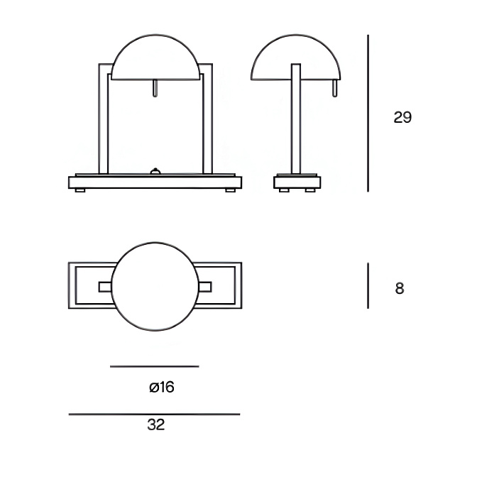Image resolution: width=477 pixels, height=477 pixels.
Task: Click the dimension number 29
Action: pos(402,117)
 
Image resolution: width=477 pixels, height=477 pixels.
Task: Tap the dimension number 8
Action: pos(400,288)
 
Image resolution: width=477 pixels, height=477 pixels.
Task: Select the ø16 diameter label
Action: pos(162,388)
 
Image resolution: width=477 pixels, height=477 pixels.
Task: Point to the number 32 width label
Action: pos(155,424)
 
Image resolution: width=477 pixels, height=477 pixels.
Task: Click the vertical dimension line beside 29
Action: pos(368,113)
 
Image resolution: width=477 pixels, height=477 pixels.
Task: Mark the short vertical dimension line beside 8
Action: pos(368,285)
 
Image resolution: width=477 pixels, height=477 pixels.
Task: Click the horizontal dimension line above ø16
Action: pos(155,366)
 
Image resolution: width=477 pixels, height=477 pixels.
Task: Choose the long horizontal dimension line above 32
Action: pos(155,414)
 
